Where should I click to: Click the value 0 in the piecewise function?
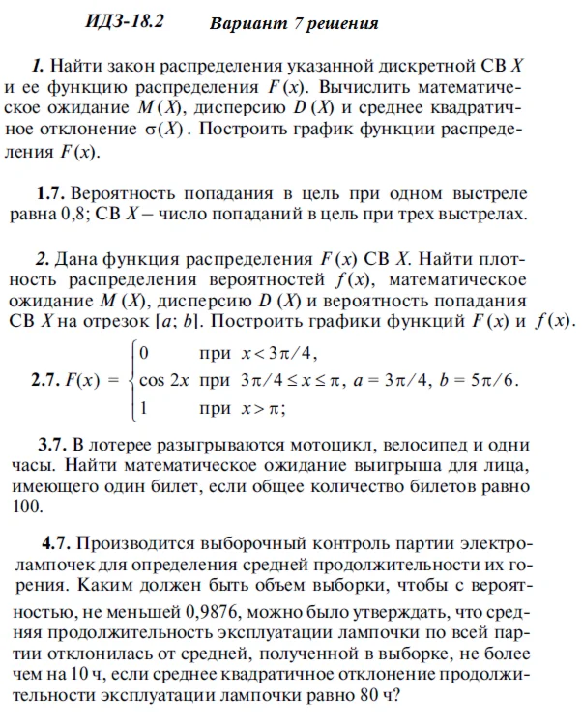[144, 351]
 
